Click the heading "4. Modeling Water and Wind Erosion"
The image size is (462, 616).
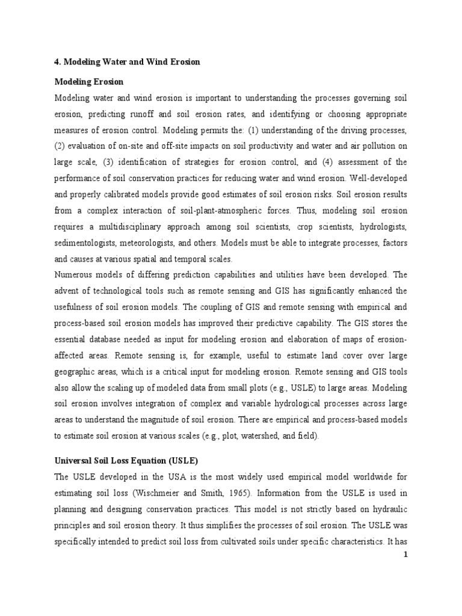[127, 62]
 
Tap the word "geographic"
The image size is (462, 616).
[76, 372]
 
